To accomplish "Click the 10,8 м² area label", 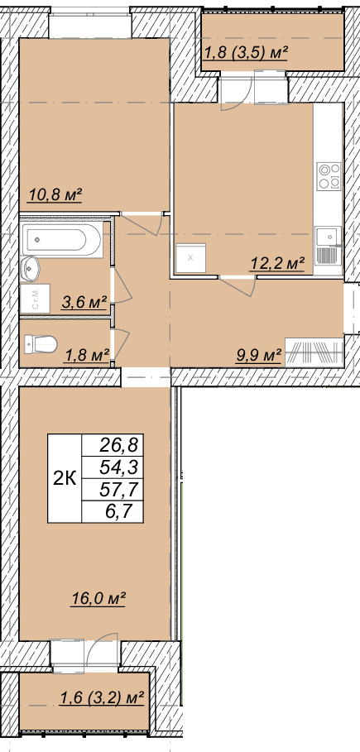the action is (55, 195).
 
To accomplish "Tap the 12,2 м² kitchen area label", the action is (277, 263).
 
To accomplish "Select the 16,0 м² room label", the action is (98, 600).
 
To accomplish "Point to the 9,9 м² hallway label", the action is (258, 356).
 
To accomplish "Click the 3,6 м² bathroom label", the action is (84, 303).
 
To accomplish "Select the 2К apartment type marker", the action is (65, 479).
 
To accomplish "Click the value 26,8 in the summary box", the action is (118, 446).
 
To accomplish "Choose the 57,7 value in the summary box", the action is (118, 490).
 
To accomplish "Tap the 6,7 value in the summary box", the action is (124, 511).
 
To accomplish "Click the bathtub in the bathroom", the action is (62, 239).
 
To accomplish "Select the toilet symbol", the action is (41, 344).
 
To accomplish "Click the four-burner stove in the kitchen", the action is (329, 176).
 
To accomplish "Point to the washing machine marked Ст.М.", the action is (35, 298).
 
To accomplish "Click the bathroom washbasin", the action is (31, 267).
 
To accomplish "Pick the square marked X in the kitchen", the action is (190, 258).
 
